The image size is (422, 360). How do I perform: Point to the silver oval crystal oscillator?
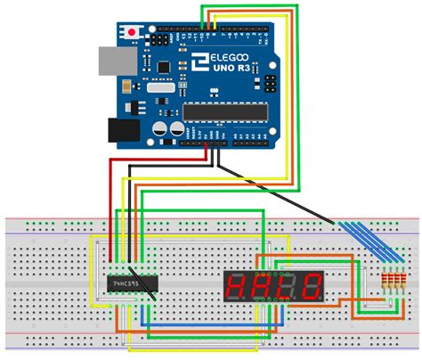(x=160, y=86)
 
